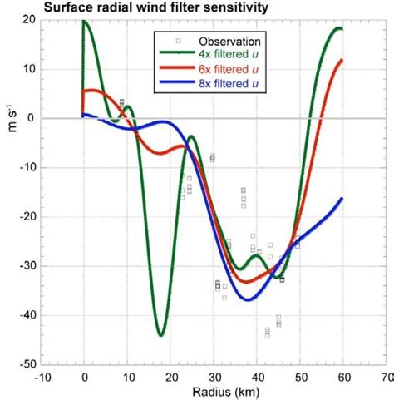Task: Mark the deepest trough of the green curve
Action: tap(160, 334)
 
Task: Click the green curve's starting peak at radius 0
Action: tap(84, 21)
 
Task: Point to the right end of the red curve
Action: tap(342, 60)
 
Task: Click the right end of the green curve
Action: tap(341, 29)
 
